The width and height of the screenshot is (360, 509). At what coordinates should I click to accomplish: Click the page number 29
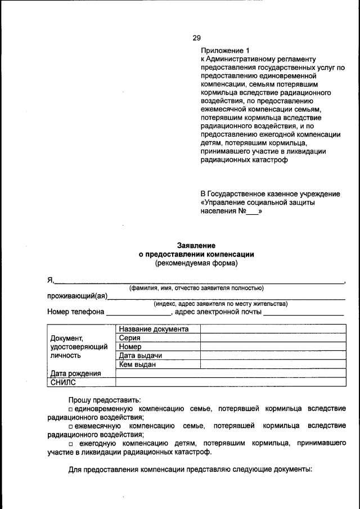[x=196, y=38]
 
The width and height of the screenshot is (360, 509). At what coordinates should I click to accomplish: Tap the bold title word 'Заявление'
[x=196, y=245]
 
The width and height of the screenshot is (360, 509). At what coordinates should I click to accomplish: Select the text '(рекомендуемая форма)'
[x=196, y=263]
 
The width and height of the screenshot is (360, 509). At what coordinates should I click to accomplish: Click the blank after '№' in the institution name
[x=252, y=213]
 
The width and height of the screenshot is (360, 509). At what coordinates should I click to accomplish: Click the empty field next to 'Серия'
[x=272, y=338]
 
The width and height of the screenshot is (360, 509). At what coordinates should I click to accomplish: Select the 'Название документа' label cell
[x=154, y=329]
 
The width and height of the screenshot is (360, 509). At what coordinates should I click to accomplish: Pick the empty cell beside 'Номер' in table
[x=272, y=347]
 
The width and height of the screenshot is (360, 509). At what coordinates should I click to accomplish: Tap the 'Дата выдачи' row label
[x=141, y=356]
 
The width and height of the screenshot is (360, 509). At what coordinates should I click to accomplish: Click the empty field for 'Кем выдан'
[x=272, y=364]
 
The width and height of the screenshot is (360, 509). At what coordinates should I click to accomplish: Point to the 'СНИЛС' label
[x=63, y=382]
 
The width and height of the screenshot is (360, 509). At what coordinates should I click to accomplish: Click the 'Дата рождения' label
[x=75, y=373]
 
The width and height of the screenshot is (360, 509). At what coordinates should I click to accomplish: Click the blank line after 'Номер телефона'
[x=138, y=313]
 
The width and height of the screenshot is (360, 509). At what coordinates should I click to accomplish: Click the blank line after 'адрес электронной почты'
[x=304, y=313]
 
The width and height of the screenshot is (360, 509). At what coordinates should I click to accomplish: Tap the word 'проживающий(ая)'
[x=78, y=296]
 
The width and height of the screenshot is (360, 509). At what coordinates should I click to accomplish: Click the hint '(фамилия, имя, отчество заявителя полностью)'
[x=196, y=288]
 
